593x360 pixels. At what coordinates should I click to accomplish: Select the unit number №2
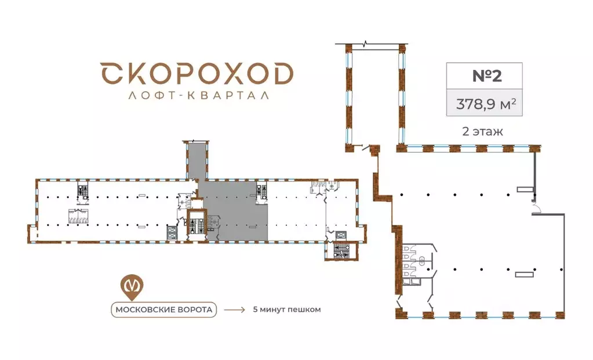pos(484,75)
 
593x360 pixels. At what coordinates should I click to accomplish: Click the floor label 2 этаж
pos(482,132)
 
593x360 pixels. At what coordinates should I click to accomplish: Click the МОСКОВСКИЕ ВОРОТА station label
pos(164,310)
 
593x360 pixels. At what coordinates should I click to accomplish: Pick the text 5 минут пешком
pos(286,310)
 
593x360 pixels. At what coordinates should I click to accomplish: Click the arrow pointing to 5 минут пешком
pos(234,310)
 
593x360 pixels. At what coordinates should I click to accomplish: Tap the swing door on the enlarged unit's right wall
pos(537,207)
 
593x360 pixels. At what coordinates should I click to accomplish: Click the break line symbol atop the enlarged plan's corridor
pos(365,44)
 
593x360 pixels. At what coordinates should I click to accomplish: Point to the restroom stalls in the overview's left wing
pos(77,216)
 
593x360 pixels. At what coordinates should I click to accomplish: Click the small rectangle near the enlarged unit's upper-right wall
pos(525,188)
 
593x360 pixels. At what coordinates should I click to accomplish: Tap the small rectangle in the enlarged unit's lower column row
pos(524,271)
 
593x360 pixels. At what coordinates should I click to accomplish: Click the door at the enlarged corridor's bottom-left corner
pos(366,149)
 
